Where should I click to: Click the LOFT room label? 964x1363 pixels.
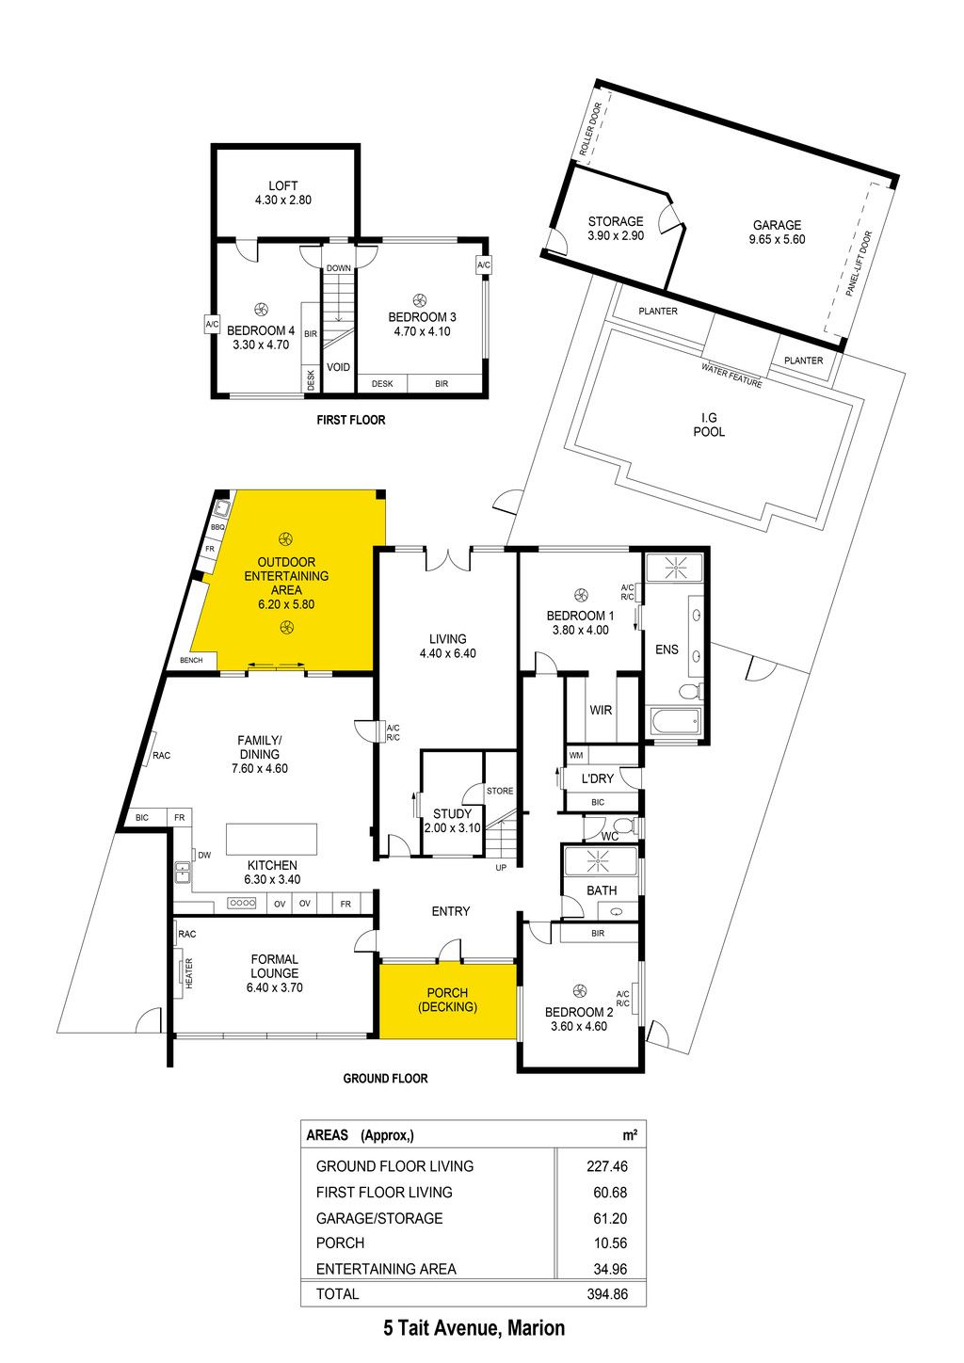point(283,185)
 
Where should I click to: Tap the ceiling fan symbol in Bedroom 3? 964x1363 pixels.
point(419,300)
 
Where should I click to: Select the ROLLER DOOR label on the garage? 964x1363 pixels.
point(590,129)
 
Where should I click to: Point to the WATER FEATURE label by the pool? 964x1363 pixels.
point(731,376)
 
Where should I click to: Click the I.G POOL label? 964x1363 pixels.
point(709,425)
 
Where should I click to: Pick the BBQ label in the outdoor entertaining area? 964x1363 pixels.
point(217,527)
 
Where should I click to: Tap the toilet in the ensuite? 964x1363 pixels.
point(691,691)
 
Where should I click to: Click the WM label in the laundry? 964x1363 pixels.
point(576,755)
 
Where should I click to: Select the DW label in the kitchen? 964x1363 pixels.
point(204,855)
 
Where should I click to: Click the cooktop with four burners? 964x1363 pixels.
point(242,903)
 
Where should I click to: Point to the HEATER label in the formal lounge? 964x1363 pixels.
point(188,973)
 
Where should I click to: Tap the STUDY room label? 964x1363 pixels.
point(452,813)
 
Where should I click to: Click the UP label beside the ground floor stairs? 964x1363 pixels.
point(501,868)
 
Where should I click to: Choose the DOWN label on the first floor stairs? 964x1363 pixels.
point(338,268)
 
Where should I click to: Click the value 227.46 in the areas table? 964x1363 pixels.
point(607,1166)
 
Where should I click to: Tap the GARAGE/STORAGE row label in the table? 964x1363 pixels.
point(379,1218)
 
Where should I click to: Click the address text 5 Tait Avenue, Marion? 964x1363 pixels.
point(474,1327)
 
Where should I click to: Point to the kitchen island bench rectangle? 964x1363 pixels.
point(271,839)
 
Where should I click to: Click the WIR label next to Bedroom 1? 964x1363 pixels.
point(601,710)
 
